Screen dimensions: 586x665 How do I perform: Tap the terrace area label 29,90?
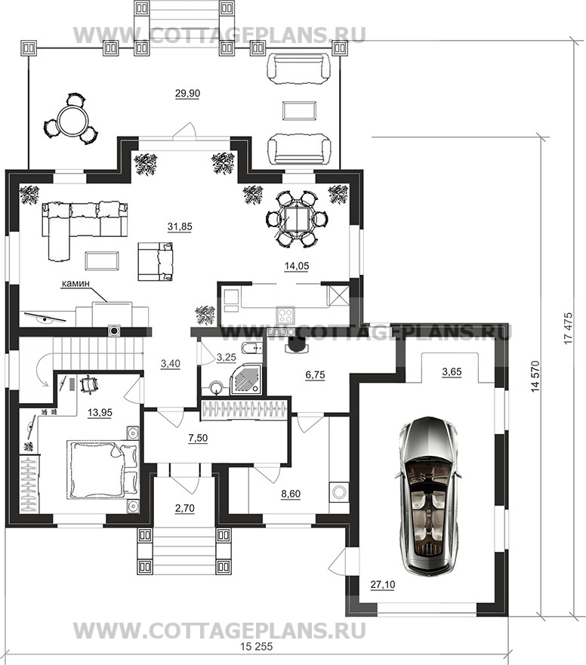pos(187,94)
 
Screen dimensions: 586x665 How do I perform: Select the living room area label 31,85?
pos(180,227)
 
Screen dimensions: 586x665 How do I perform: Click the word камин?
pos(76,283)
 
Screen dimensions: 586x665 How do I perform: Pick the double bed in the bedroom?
pos(103,470)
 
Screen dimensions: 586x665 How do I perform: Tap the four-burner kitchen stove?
pos(285,315)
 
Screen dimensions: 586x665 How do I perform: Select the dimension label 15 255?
pos(257,647)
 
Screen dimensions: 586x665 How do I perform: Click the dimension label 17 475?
pos(568,328)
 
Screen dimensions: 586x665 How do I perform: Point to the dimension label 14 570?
pos(535,376)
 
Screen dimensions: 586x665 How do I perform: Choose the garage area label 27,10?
pos(383,585)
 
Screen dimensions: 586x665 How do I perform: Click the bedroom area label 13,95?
pos(100,412)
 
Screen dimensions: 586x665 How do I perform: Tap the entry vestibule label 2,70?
pos(184,508)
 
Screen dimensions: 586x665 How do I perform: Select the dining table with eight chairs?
pos(297,218)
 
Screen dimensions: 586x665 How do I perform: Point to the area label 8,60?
pos(291,494)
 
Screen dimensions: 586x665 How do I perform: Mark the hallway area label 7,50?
pos(198,438)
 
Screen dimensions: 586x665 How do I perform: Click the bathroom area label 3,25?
pos(226,358)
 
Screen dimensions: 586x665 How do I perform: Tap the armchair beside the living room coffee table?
pos(156,261)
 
